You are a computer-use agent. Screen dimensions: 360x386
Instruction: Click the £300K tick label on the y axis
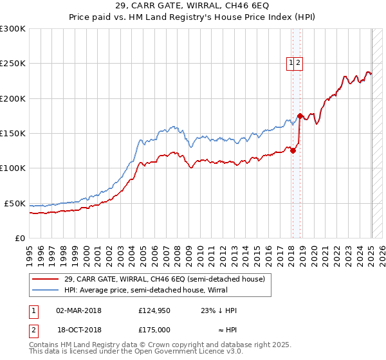coord(13,29)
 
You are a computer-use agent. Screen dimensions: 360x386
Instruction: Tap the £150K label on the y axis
coord(13,134)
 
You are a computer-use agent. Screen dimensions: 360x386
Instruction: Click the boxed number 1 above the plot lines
coord(291,63)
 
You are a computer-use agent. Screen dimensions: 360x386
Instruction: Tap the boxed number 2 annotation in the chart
coord(299,63)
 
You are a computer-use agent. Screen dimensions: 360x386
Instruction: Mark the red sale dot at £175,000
coord(300,116)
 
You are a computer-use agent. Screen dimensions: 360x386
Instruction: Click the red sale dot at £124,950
coord(293,151)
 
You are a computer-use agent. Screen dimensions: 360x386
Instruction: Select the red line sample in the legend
coord(46,279)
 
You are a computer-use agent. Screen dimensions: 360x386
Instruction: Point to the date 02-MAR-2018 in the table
coord(78,310)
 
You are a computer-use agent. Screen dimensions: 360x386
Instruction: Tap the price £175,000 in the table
coord(154,328)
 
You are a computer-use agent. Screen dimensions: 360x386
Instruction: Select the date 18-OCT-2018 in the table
coord(78,328)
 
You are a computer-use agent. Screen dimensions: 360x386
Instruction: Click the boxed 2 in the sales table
coord(32,328)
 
